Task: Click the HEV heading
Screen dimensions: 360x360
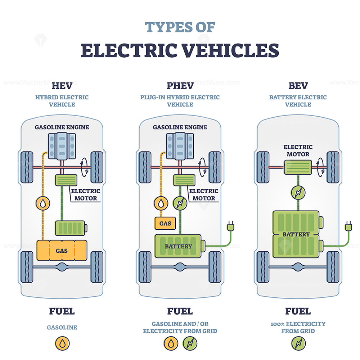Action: [x=62, y=86]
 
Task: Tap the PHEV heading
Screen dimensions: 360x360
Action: [x=180, y=86]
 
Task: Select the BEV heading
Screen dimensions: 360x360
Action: [x=298, y=86]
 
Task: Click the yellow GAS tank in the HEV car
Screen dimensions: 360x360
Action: [x=62, y=250]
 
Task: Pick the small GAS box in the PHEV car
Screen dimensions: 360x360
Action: [x=165, y=224]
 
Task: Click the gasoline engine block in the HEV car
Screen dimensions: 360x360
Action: [x=62, y=146]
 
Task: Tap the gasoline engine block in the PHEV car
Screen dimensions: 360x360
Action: [x=180, y=146]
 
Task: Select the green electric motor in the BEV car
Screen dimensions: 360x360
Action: [x=298, y=167]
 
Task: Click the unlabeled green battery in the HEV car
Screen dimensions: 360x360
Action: [x=71, y=228]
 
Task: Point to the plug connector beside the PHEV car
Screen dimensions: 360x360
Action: [x=230, y=226]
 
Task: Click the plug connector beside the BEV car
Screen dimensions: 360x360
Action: [x=348, y=226]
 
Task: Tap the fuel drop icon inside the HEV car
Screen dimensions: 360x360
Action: [x=43, y=203]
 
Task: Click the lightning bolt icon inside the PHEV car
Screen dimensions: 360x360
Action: [x=180, y=203]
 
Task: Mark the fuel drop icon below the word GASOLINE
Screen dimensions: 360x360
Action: [x=62, y=343]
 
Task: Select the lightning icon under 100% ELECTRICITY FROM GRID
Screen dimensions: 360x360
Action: [x=298, y=343]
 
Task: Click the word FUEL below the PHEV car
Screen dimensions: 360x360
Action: [x=180, y=311]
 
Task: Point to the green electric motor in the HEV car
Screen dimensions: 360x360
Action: [x=66, y=180]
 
